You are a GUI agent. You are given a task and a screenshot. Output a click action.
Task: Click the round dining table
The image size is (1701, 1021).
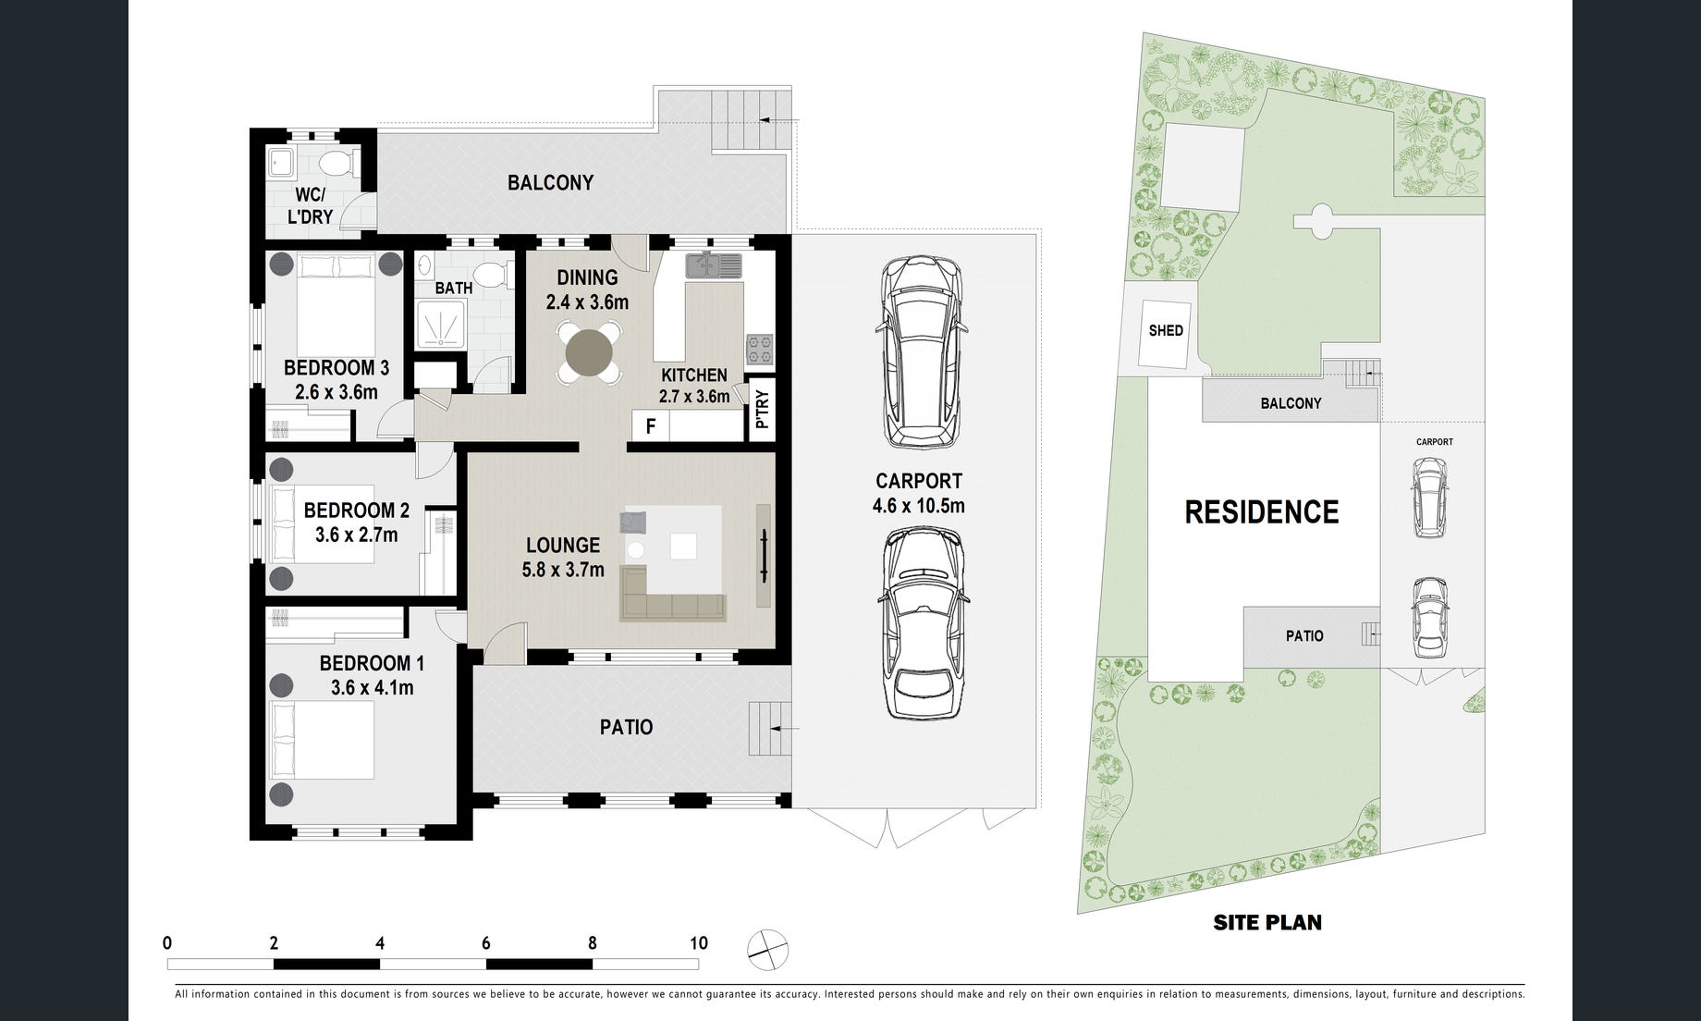coord(589,352)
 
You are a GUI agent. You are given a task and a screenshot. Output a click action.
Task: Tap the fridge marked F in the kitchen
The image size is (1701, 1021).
coord(651,426)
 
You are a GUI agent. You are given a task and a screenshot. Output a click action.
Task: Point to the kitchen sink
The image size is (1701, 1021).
coord(714,264)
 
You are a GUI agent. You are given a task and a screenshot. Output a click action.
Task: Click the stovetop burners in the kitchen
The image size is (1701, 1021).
coord(760,349)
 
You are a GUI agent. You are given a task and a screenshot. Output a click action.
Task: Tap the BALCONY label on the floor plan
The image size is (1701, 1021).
coord(550,182)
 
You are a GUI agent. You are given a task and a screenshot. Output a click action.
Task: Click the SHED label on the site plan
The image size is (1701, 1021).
coord(1166,330)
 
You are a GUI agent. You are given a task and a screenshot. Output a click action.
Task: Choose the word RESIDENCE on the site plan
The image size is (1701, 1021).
coord(1262,512)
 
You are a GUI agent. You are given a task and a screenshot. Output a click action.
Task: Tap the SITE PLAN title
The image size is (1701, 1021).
coord(1267,922)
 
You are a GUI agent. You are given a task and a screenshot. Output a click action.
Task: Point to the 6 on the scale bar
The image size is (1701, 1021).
coord(485,943)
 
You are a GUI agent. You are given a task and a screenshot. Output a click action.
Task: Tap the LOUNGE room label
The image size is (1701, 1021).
coord(563,546)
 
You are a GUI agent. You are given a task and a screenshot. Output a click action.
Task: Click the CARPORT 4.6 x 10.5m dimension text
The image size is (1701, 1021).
coord(918,506)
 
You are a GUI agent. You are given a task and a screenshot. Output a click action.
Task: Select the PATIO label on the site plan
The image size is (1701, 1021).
coord(1304,636)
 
